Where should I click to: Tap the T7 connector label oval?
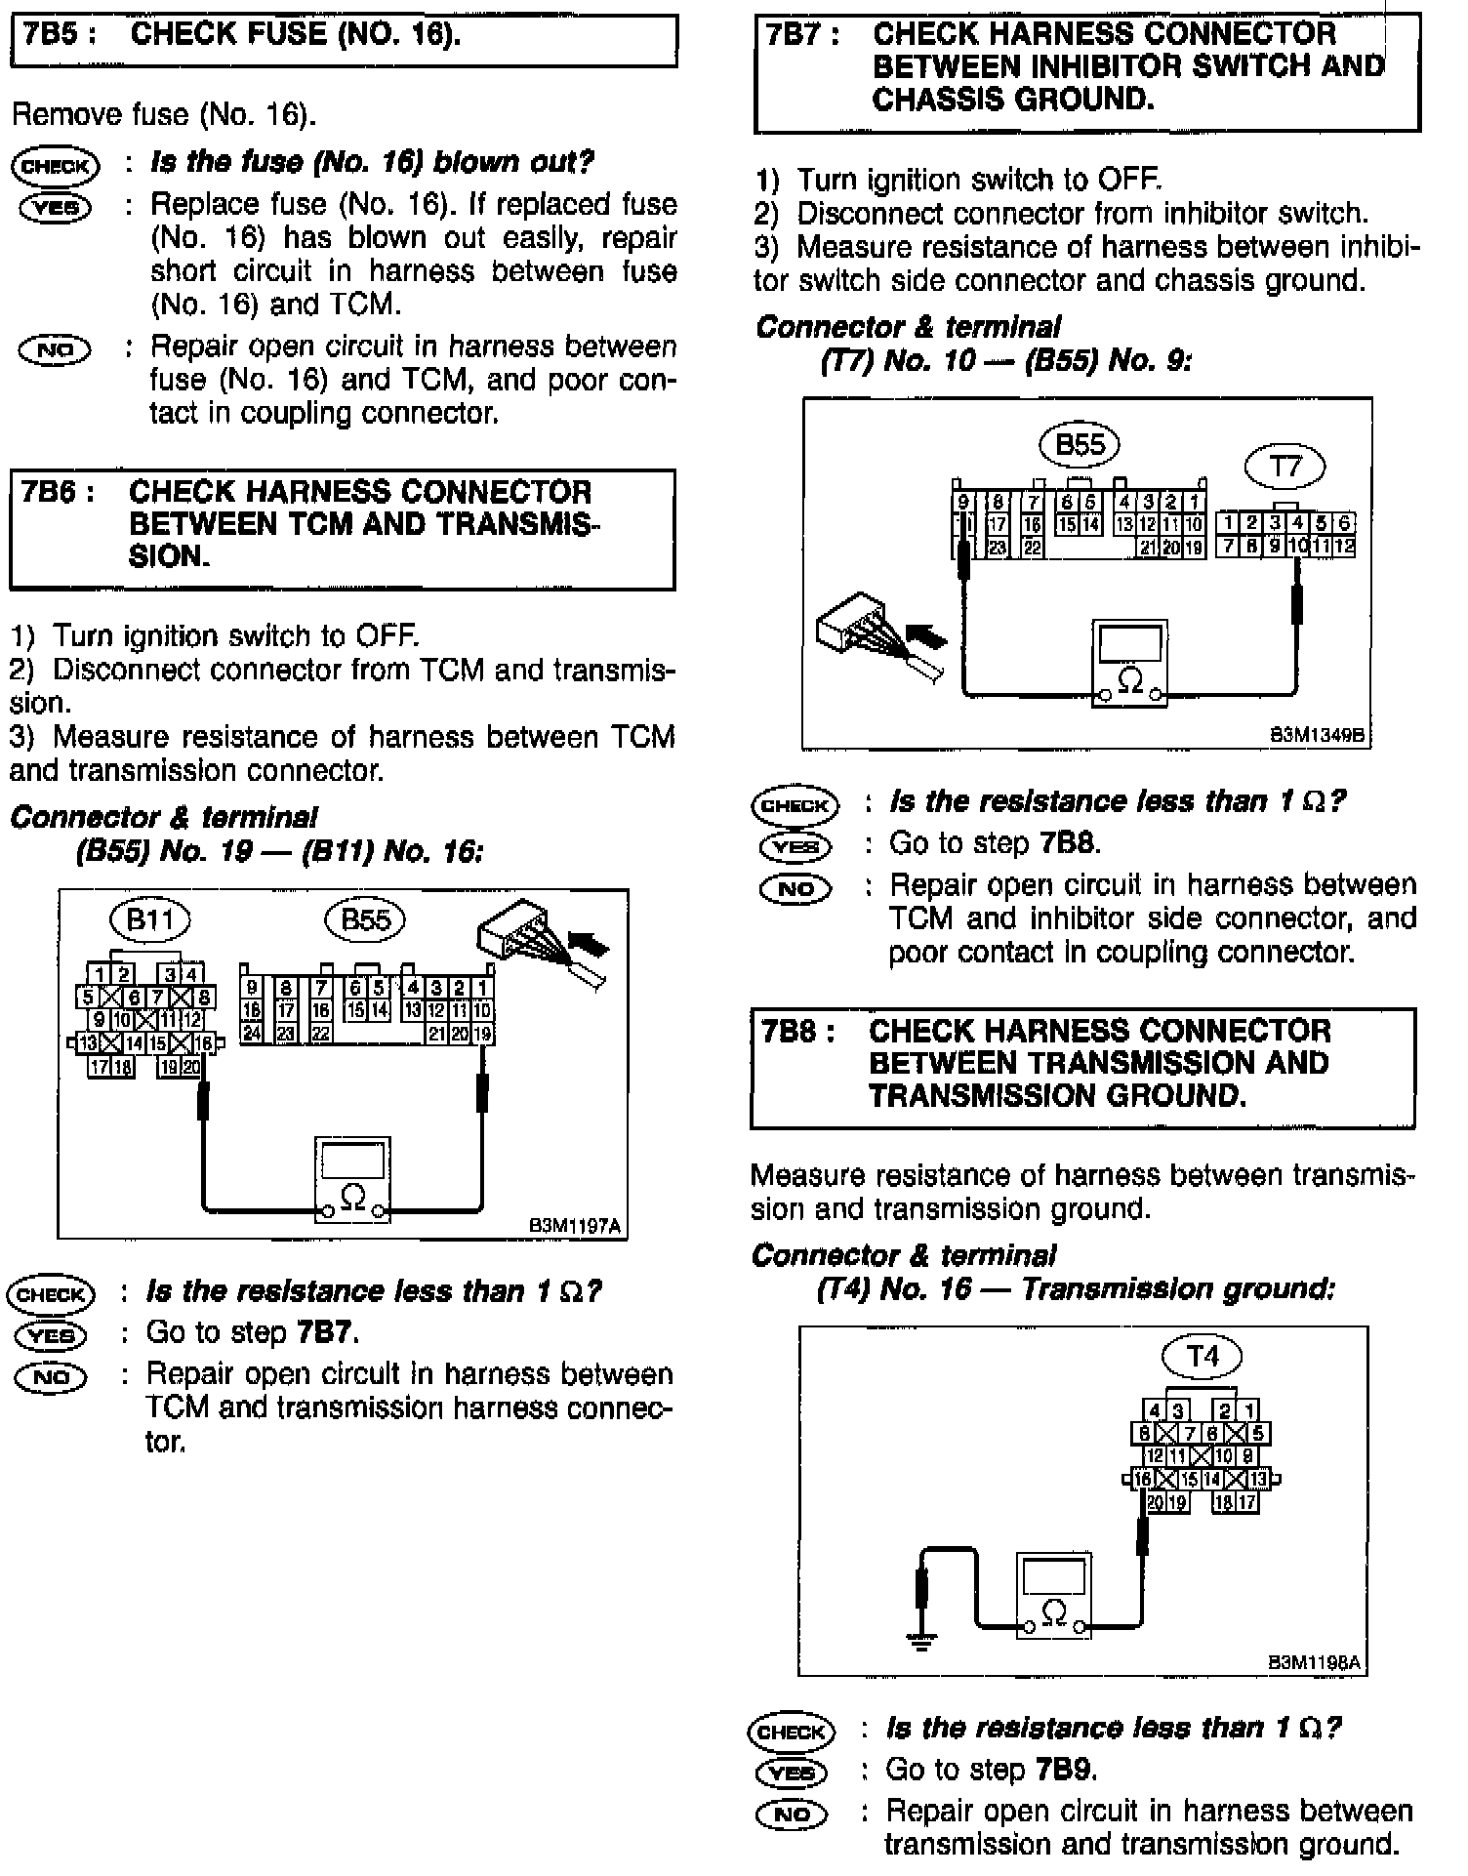pos(1284,467)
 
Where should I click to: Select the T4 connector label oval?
pos(1203,1356)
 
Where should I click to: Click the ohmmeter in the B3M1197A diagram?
pos(353,1178)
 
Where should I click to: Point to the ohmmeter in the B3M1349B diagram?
pos(1129,662)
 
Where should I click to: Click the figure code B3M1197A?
pos(575,1225)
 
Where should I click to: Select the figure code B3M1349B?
pos(1317,735)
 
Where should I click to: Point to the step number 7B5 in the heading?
pos(57,35)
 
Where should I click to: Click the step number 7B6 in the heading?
pos(57,492)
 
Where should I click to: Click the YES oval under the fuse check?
pos(55,207)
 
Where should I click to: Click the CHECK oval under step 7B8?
pos(792,1732)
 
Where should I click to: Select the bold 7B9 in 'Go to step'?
pos(1066,1770)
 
